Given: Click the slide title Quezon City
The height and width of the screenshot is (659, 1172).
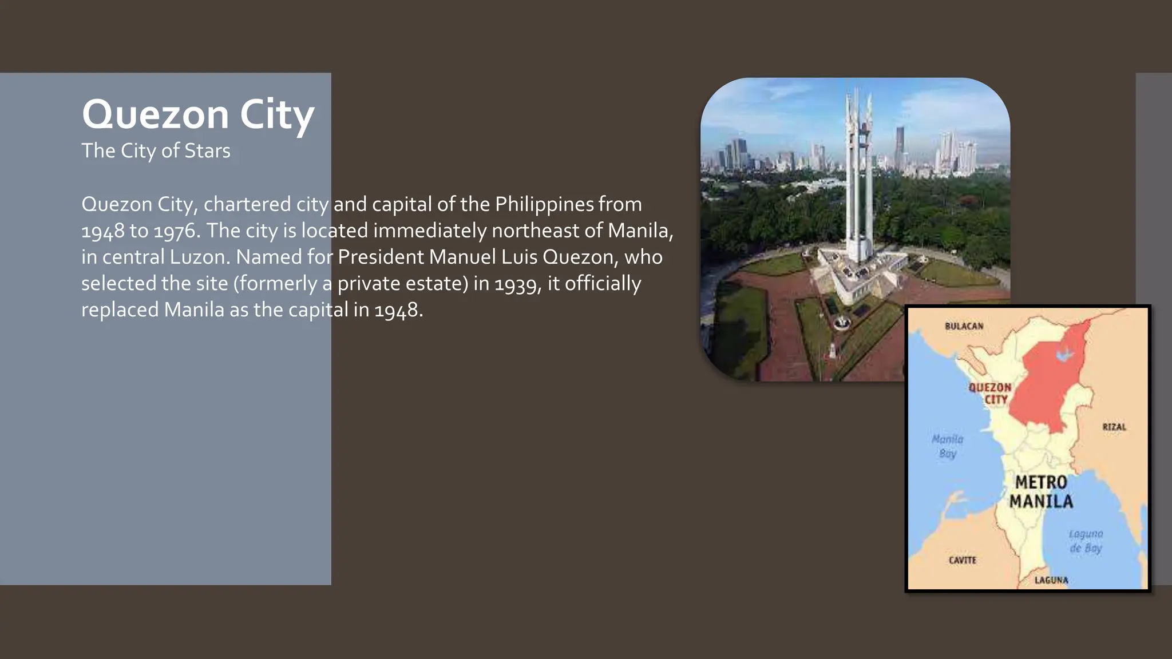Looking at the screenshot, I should click(198, 114).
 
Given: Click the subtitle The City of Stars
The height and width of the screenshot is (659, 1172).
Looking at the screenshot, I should click(156, 151).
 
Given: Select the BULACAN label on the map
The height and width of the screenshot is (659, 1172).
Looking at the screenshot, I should click(964, 326).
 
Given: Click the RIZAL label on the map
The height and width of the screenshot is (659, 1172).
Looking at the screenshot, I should click(1114, 427).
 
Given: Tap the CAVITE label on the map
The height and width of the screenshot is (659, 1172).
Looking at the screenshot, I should click(963, 560).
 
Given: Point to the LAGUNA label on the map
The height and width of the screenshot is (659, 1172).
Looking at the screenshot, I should click(1051, 580).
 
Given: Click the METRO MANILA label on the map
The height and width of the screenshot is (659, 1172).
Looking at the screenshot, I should click(1041, 492).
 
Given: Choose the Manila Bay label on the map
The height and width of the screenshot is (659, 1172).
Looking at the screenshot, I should click(948, 446).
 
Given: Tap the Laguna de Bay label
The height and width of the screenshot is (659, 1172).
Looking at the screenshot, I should click(1086, 541).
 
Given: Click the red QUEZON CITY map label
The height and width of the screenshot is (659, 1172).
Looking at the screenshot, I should click(990, 393).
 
